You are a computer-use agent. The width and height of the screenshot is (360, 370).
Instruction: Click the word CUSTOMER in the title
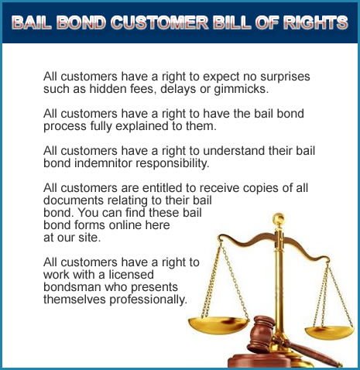(160, 22)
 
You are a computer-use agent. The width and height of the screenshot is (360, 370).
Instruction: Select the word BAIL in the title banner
(32, 22)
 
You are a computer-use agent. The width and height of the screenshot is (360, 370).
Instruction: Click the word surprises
(285, 77)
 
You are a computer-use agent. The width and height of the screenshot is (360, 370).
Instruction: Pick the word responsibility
(173, 163)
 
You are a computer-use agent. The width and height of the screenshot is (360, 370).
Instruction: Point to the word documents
(74, 200)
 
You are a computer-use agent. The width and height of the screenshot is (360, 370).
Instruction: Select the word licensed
(131, 275)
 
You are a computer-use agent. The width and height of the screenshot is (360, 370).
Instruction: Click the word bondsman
(72, 287)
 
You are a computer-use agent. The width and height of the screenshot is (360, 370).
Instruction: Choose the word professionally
(149, 300)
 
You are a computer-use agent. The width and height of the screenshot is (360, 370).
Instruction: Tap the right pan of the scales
(330, 332)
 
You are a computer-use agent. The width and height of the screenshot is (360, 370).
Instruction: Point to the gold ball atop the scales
(279, 218)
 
